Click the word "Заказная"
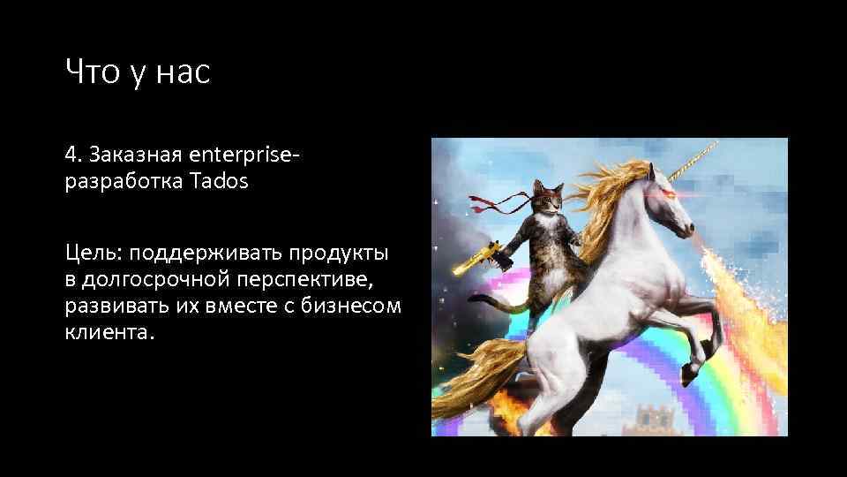point(131,155)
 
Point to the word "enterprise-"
point(245,155)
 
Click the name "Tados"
point(219,182)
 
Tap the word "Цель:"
point(94,254)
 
